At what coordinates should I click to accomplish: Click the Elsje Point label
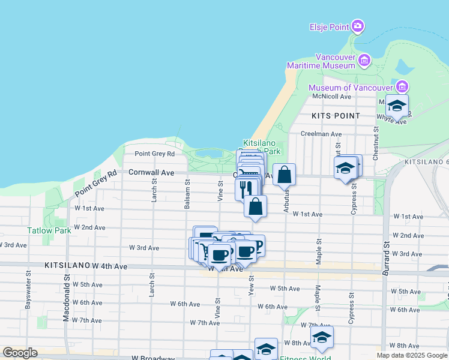pos(330,27)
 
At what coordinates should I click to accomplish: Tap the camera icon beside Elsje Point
pos(358,26)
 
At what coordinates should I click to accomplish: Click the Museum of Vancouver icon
pos(402,86)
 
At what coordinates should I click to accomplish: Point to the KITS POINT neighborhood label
pos(336,115)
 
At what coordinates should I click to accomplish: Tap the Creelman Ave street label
pos(321,134)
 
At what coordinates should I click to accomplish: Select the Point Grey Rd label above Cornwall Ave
pos(154,154)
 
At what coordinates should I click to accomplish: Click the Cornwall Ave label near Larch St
pos(151,172)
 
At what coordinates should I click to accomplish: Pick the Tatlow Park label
pos(49,230)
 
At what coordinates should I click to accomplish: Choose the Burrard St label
pos(386,256)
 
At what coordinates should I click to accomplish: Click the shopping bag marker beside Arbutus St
pos(285,175)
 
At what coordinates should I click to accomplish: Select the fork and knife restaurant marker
pos(246,188)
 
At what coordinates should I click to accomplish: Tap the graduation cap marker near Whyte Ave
pos(397,106)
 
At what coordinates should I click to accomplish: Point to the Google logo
pos(19,353)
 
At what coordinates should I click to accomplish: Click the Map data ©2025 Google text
pos(412,355)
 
